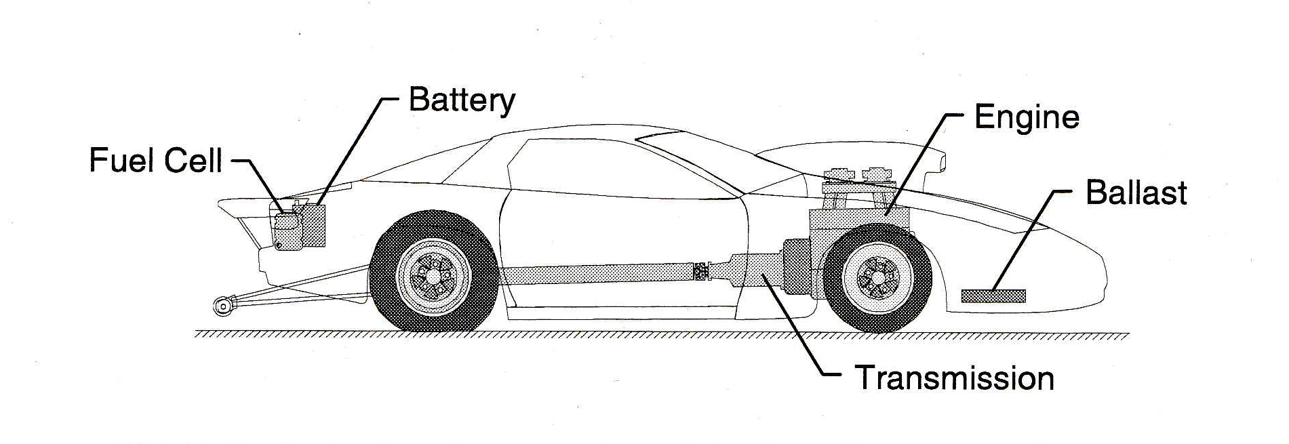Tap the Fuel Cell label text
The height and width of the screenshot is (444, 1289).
156,162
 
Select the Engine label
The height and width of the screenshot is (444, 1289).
1026,118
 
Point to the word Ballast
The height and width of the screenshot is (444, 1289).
1136,193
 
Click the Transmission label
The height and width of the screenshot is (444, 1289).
954,378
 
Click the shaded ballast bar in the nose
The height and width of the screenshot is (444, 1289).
993,296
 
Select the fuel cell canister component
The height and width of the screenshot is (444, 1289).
287,230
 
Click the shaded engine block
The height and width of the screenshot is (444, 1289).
858,220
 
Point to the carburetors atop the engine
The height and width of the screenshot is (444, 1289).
856,174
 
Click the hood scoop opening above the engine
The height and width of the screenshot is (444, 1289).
940,161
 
